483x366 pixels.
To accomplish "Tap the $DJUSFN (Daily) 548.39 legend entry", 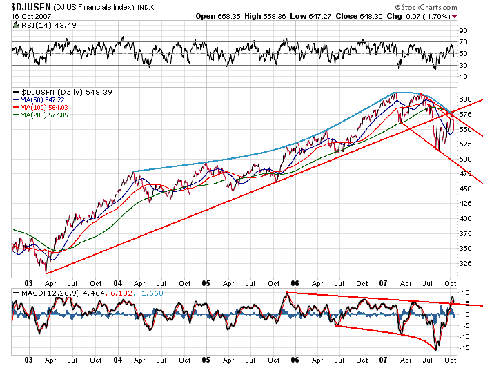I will (59, 91).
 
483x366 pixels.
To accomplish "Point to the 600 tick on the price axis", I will (464, 98).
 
